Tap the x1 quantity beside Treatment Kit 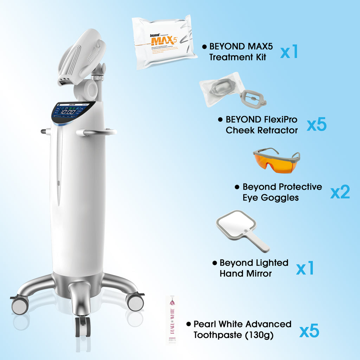coord(289,52)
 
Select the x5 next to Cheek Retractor coord(316,125)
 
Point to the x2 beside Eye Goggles coord(340,192)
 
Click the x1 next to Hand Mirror coord(305,268)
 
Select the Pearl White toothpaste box coord(172,320)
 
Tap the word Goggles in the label coord(280,198)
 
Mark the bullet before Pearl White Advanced coord(188,323)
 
